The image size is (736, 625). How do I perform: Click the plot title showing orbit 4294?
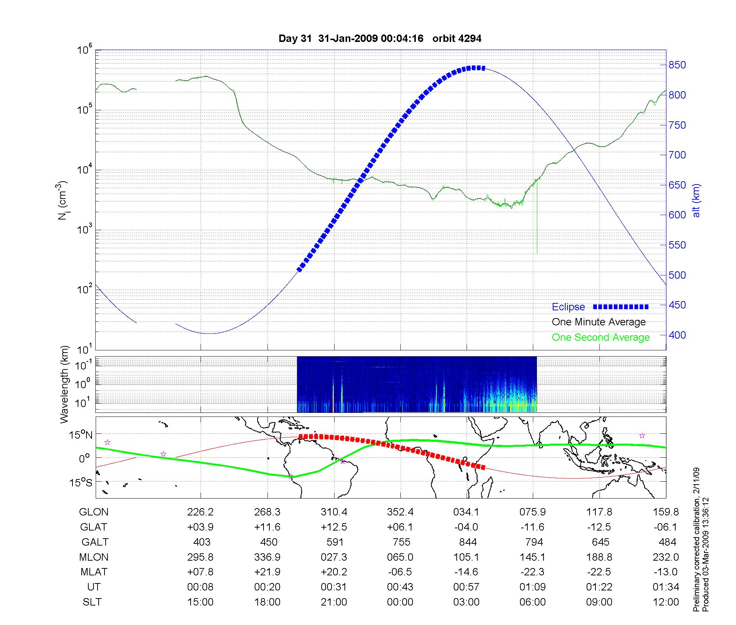(380, 39)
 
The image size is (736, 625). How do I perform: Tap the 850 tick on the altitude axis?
(677, 65)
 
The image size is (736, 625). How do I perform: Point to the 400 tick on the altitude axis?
(677, 335)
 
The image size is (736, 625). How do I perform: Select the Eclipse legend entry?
(569, 307)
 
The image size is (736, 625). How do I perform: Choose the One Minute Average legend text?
(599, 322)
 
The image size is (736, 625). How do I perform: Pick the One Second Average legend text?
(601, 337)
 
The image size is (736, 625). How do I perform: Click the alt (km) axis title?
(696, 200)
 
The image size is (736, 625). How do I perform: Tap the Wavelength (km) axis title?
(65, 384)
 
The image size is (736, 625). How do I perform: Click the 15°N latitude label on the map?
(81, 435)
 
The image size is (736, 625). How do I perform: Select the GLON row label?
(94, 512)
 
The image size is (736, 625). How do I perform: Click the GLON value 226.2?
(201, 512)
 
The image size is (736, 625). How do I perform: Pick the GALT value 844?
(468, 542)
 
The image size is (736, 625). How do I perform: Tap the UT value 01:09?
(532, 587)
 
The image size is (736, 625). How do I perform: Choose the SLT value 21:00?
(334, 602)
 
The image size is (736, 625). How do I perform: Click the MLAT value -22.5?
(599, 572)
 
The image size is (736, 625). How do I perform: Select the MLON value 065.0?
(400, 557)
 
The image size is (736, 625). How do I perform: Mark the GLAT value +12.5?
(334, 527)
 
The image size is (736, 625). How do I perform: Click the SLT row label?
(92, 602)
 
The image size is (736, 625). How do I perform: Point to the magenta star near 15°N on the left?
(107, 442)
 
